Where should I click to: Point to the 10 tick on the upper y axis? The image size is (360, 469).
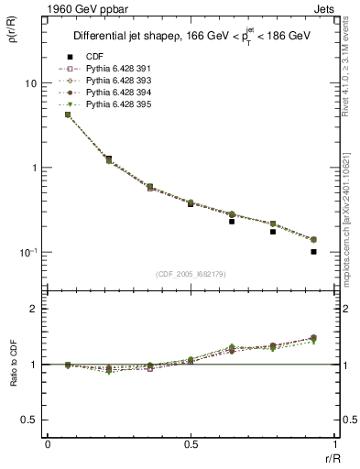(30, 83)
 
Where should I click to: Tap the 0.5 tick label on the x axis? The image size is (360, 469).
(191, 444)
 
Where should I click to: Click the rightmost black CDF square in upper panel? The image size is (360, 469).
(313, 251)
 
